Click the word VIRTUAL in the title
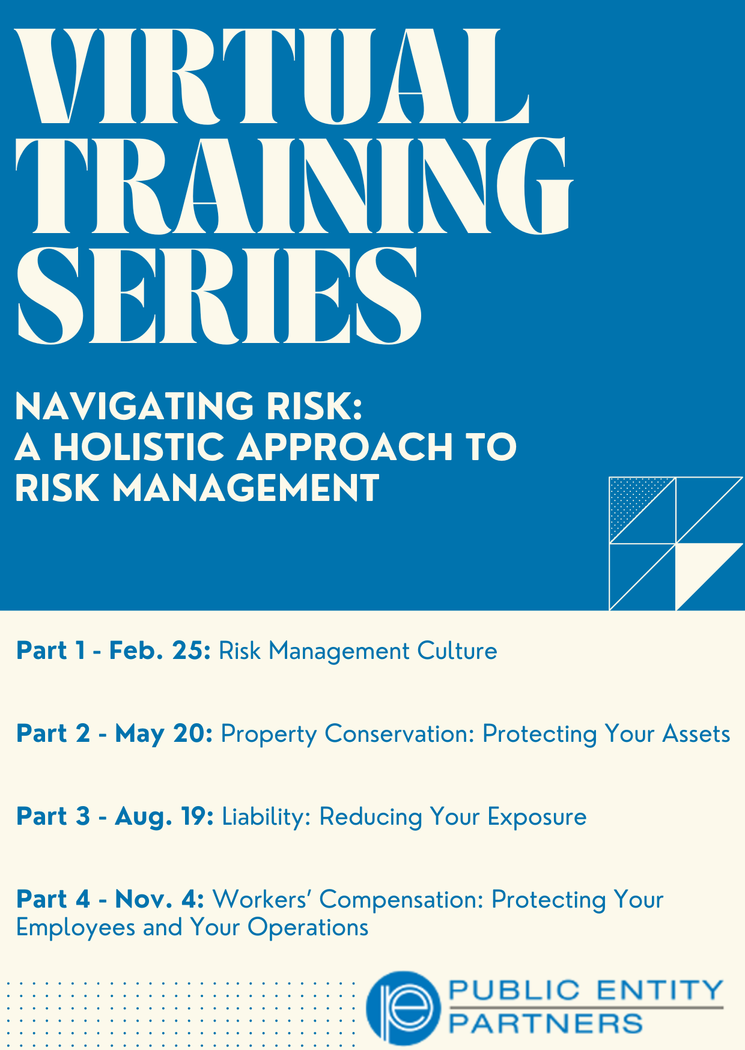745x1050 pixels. [272, 76]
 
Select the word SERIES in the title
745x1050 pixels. [219, 296]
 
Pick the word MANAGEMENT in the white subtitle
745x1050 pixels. [246, 487]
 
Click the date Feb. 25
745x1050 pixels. [160, 651]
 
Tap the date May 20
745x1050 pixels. [164, 733]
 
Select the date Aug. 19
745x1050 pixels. [165, 816]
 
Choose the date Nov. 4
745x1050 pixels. [160, 899]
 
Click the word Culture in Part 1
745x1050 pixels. [458, 651]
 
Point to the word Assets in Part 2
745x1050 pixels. [696, 733]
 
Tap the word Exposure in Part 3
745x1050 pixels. [537, 816]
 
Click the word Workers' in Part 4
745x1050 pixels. [262, 899]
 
